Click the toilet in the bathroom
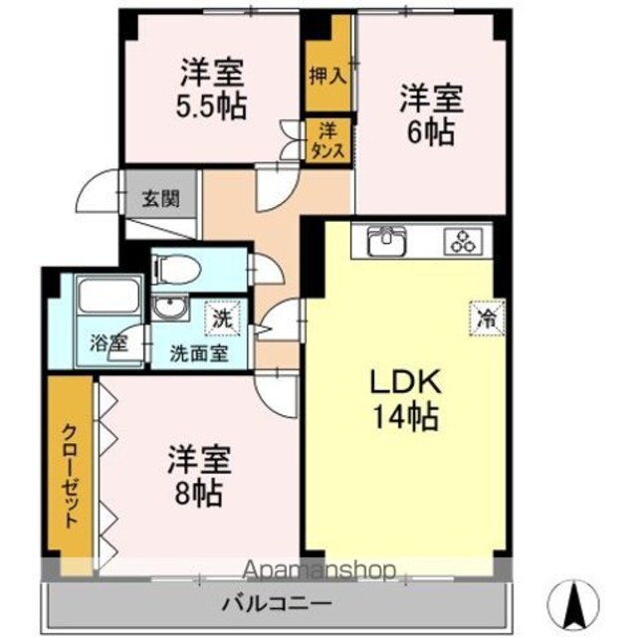tap(176, 269)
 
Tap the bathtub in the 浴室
tap(108, 295)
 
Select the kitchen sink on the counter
tap(386, 241)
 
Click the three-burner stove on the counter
tap(464, 242)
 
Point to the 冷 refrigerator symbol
tap(487, 318)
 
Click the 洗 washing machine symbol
tap(223, 318)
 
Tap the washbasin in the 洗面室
tap(170, 309)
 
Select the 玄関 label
tap(161, 199)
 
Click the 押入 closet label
tap(328, 76)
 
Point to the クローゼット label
tap(70, 476)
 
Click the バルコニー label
tap(277, 604)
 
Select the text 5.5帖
tap(211, 106)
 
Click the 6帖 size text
tap(431, 132)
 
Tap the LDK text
tap(405, 382)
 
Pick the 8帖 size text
tap(199, 493)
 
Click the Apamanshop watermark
tap(318, 570)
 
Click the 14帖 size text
tap(405, 417)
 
